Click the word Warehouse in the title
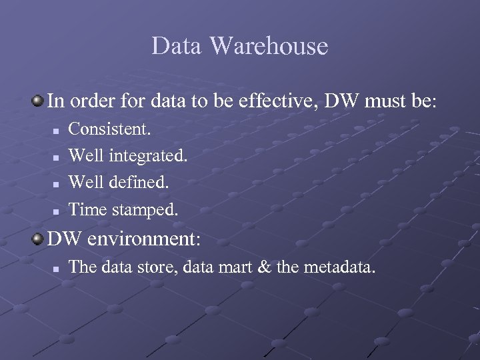(269, 46)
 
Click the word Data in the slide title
(176, 46)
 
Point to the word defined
(139, 182)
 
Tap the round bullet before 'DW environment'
(37, 238)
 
